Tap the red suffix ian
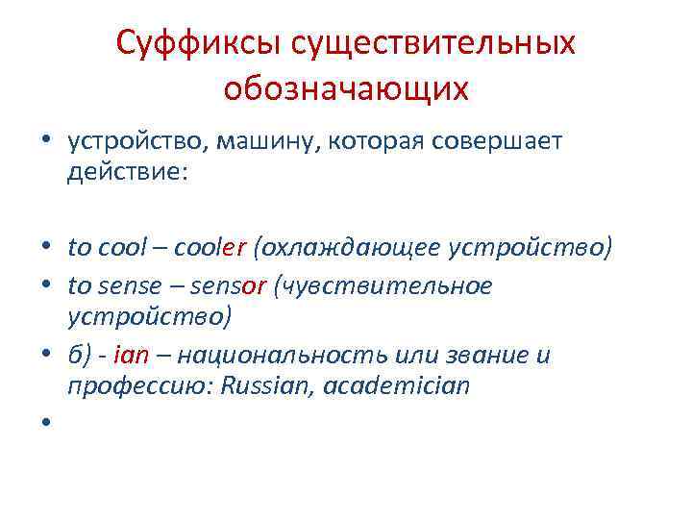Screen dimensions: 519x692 (x=133, y=355)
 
